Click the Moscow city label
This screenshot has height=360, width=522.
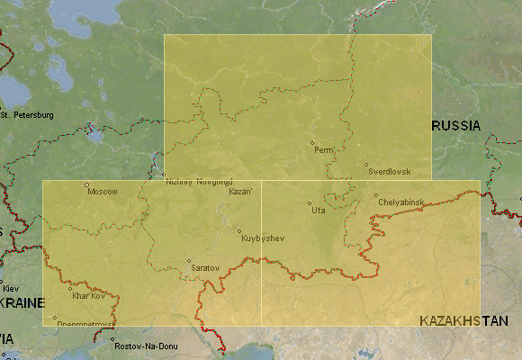(x=103, y=191)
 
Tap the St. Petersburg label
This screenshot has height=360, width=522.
(x=28, y=115)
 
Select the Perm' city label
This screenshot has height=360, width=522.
(x=325, y=149)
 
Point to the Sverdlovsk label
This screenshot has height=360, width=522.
(x=390, y=171)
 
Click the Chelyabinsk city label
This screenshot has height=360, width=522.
(x=400, y=202)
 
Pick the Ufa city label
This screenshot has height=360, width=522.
(x=318, y=210)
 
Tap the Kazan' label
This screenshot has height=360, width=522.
(x=241, y=192)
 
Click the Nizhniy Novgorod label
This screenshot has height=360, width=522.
(x=199, y=182)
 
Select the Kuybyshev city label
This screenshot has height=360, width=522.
(x=263, y=238)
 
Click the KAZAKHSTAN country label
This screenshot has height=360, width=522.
(x=463, y=320)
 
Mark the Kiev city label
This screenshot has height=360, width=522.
(x=10, y=288)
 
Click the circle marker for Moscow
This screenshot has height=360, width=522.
(x=87, y=185)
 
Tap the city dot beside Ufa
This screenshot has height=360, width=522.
(x=309, y=202)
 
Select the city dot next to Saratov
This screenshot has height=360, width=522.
(x=190, y=261)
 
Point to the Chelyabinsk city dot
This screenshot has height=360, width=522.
(x=376, y=195)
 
